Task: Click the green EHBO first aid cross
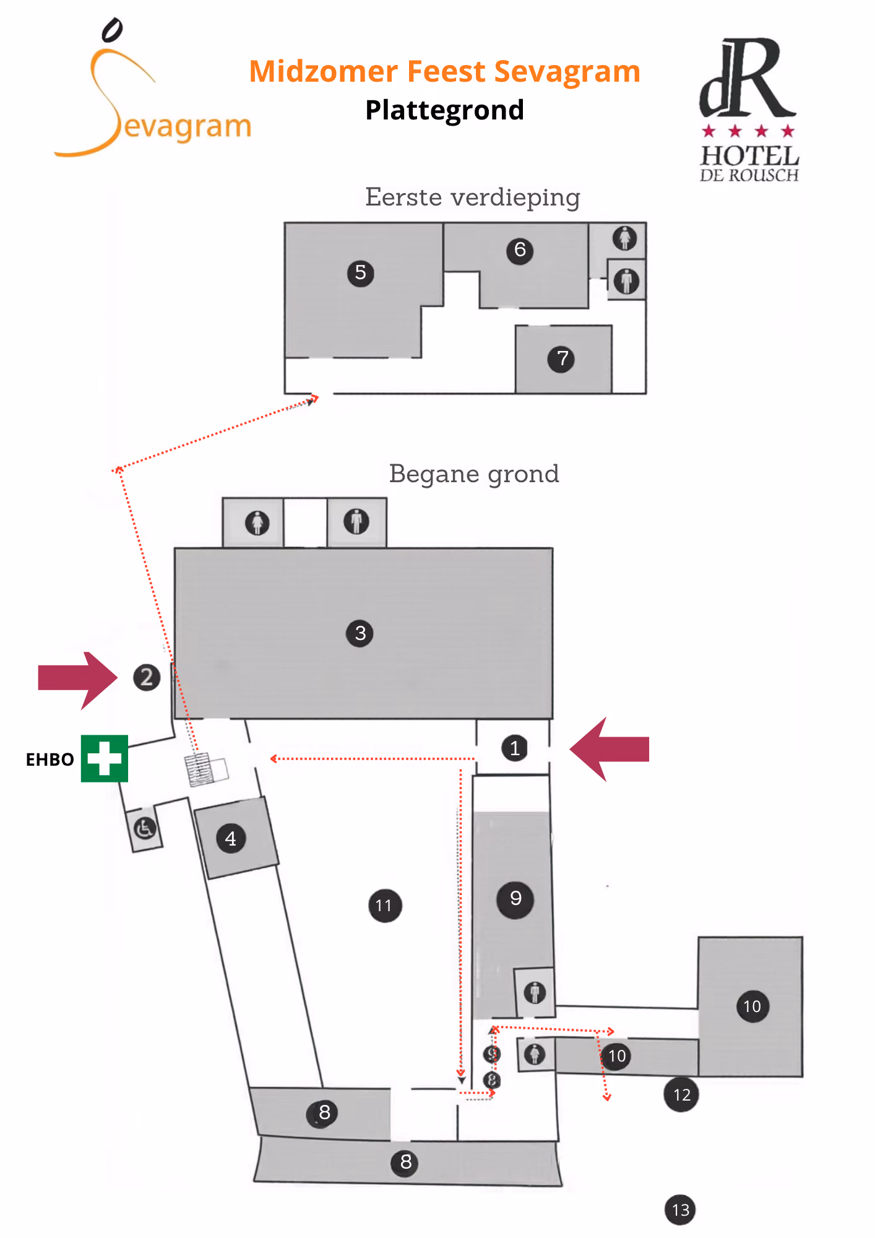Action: click(105, 758)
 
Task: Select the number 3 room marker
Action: click(360, 633)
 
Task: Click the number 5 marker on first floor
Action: click(361, 273)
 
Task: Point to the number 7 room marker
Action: click(561, 358)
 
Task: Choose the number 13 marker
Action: click(680, 1210)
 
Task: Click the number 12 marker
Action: click(681, 1094)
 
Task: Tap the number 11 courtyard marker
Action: click(385, 906)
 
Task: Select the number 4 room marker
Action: click(231, 839)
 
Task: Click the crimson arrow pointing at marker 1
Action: click(610, 749)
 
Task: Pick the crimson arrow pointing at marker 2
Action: click(77, 679)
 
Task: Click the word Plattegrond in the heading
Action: click(445, 111)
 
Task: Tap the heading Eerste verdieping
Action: click(473, 197)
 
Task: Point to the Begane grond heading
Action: click(474, 474)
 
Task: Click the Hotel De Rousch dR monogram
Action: click(747, 79)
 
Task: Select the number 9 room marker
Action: click(515, 899)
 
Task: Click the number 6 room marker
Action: click(520, 250)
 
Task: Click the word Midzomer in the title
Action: click(323, 71)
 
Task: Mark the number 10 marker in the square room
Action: click(752, 1006)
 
